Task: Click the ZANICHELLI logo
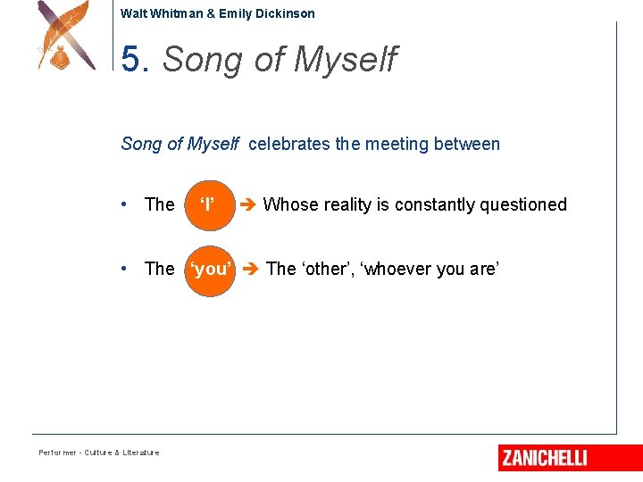click(544, 458)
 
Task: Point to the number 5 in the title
click(131, 60)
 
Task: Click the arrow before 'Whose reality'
click(249, 204)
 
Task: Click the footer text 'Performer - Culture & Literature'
click(98, 453)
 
